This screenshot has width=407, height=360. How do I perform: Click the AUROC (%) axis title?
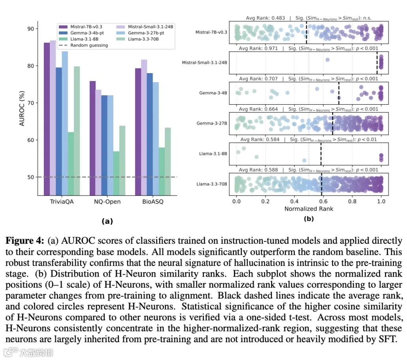22,107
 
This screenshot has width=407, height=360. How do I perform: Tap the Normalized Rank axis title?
309,209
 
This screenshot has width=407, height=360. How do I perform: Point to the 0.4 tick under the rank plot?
294,202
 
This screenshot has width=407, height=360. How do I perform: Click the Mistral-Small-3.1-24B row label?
204,62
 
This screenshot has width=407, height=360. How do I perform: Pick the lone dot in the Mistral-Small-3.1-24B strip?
327,60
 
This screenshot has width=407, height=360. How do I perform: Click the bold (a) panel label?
107,221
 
